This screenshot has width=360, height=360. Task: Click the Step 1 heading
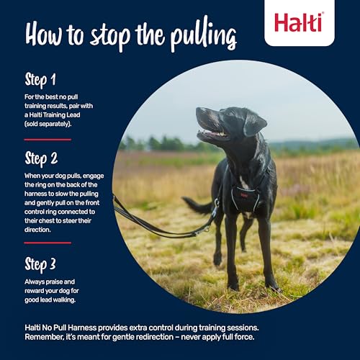pyautogui.click(x=41, y=78)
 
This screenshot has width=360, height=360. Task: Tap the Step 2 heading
pyautogui.click(x=42, y=158)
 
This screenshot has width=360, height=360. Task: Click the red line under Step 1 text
pyautogui.click(x=48, y=139)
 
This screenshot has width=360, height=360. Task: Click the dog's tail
pyautogui.click(x=196, y=207)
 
